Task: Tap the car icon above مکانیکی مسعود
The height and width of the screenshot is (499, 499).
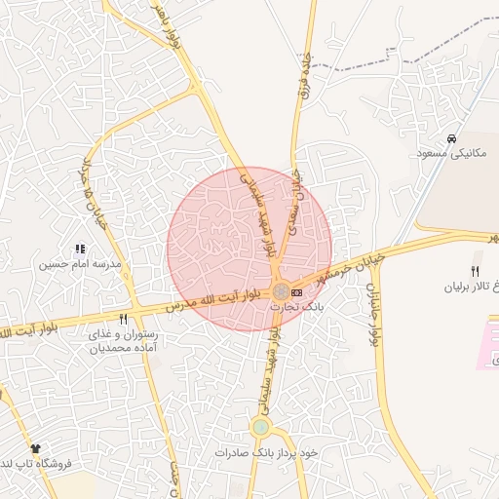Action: tap(452, 137)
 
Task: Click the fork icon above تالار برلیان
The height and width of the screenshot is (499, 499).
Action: tap(476, 271)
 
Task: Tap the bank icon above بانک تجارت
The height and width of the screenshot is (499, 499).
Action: tap(296, 291)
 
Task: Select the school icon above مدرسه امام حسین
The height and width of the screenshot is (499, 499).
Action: tap(80, 249)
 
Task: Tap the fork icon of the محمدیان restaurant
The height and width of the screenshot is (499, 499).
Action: tap(123, 319)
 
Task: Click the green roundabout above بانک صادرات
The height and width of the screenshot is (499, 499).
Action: tap(260, 427)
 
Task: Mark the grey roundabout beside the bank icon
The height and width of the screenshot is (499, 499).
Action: tap(281, 290)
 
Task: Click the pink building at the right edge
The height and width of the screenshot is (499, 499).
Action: tap(489, 347)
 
